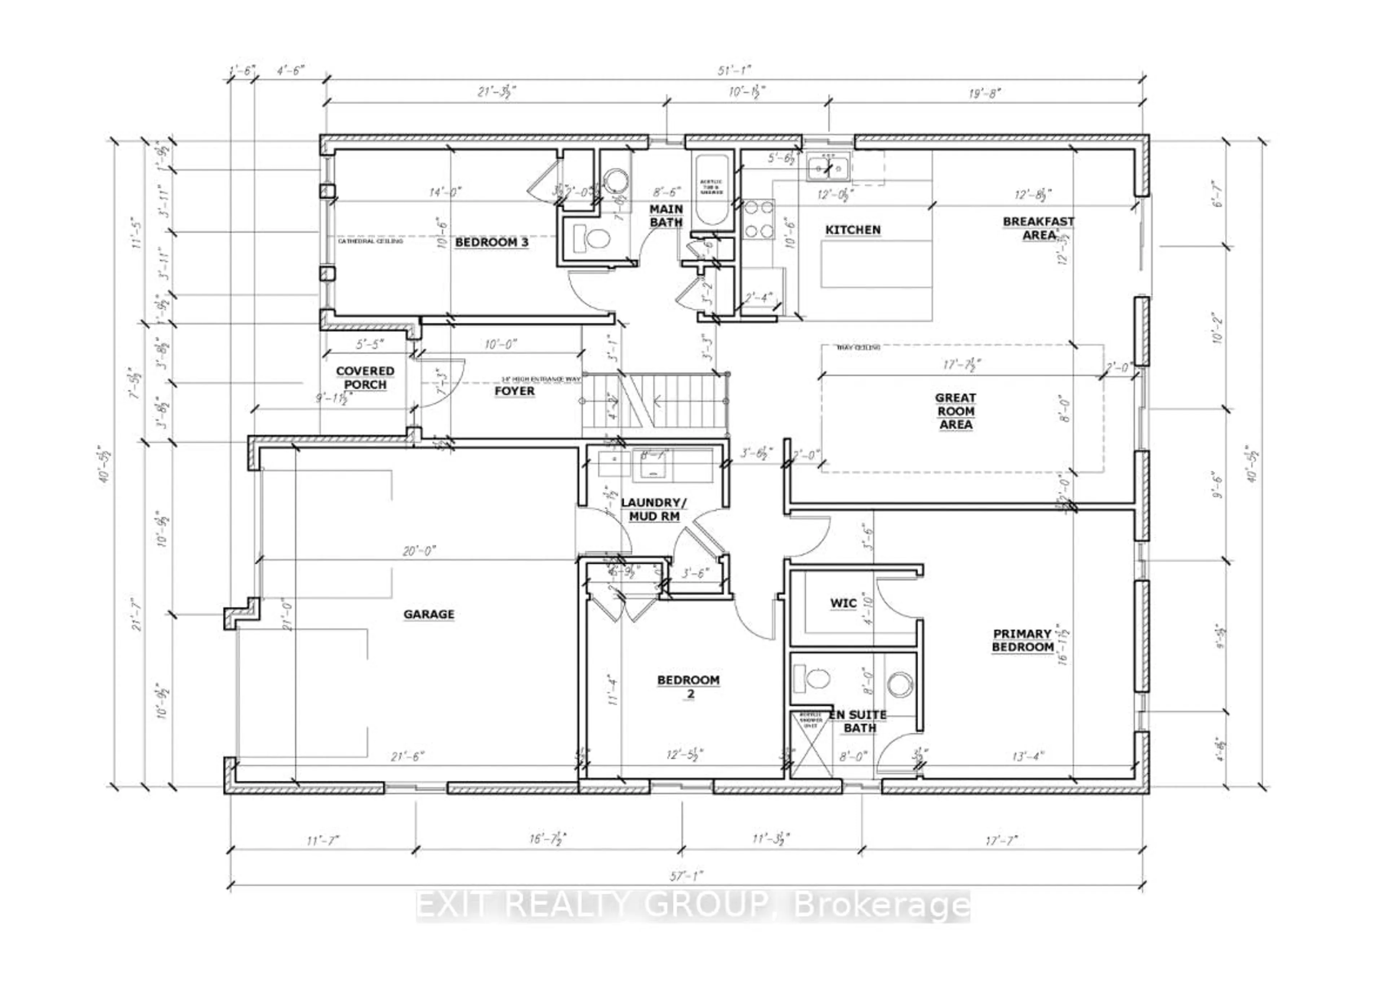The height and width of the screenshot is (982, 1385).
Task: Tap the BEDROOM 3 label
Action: (x=491, y=242)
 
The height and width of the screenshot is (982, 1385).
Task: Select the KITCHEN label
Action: (x=853, y=230)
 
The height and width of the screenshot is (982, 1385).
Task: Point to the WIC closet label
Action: (x=843, y=603)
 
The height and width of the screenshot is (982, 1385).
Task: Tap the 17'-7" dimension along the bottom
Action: (x=1001, y=841)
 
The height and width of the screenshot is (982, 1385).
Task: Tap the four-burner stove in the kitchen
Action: (x=759, y=219)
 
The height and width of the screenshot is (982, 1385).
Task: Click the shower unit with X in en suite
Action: (x=810, y=744)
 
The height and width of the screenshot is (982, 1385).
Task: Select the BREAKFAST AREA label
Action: (x=1038, y=228)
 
